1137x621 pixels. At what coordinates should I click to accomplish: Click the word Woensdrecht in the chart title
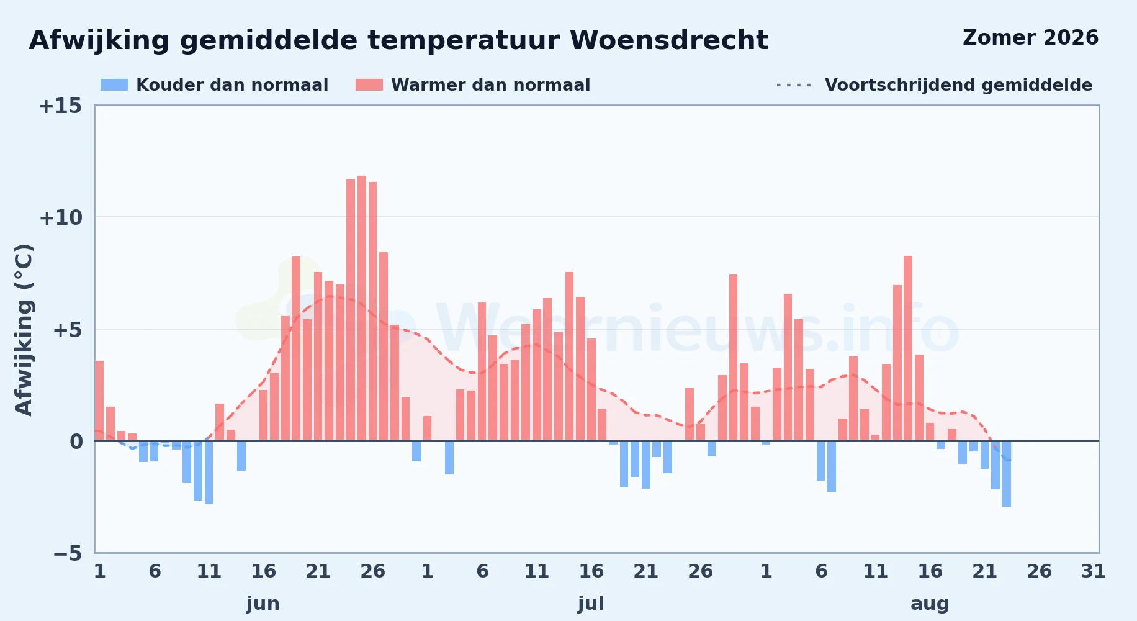[668, 40]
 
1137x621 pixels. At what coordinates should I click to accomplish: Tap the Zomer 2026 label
[1030, 38]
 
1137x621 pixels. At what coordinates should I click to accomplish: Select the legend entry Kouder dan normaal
[214, 85]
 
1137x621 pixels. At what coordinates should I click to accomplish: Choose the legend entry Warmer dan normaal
[473, 85]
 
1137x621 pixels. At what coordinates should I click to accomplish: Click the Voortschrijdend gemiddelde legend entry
[934, 85]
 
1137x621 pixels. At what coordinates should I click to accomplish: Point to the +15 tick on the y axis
[60, 106]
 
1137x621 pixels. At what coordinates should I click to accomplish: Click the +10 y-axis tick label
[60, 218]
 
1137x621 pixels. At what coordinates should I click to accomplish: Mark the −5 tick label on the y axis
[68, 553]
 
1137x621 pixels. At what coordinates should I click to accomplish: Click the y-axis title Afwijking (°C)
[24, 330]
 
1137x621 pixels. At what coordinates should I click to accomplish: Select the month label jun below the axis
[263, 604]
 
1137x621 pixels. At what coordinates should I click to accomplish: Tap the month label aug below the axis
[930, 604]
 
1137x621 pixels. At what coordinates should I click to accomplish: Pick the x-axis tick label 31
[1094, 571]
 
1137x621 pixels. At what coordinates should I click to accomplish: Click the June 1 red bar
[99, 401]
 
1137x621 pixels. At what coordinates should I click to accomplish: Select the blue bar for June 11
[209, 473]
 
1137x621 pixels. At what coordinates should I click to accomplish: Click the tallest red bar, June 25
[362, 308]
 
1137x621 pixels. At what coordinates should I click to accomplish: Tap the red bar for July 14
[569, 356]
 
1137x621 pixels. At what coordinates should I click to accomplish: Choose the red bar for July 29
[733, 358]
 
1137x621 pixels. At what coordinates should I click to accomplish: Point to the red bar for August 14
[908, 348]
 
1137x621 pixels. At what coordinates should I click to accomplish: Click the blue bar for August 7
[832, 466]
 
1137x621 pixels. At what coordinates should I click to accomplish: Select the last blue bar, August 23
[1007, 474]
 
